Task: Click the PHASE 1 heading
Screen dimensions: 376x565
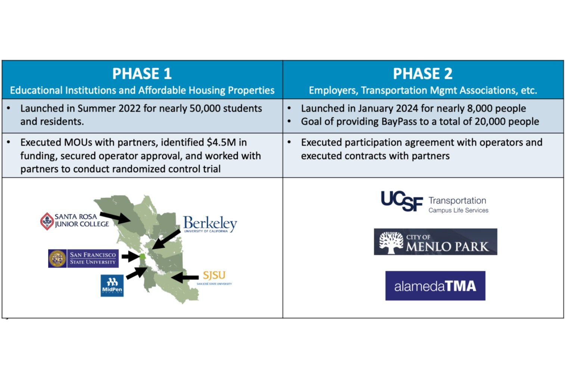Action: [142, 73]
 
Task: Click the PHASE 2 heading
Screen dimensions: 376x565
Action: [422, 73]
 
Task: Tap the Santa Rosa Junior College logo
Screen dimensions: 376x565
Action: [75, 221]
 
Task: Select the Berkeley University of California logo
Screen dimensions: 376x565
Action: [210, 224]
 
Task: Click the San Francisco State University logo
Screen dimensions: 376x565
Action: [83, 258]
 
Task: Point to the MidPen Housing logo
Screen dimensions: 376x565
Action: [112, 286]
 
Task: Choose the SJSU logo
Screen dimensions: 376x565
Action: [214, 276]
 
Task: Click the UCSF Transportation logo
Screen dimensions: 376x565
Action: [434, 202]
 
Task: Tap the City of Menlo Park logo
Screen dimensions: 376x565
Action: [435, 242]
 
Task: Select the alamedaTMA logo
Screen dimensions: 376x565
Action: [435, 286]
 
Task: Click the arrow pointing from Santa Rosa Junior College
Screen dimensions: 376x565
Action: [115, 217]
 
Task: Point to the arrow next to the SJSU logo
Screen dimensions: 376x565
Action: [185, 277]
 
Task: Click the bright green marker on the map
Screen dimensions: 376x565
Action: [142, 256]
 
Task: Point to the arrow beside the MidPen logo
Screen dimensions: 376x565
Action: [137, 273]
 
